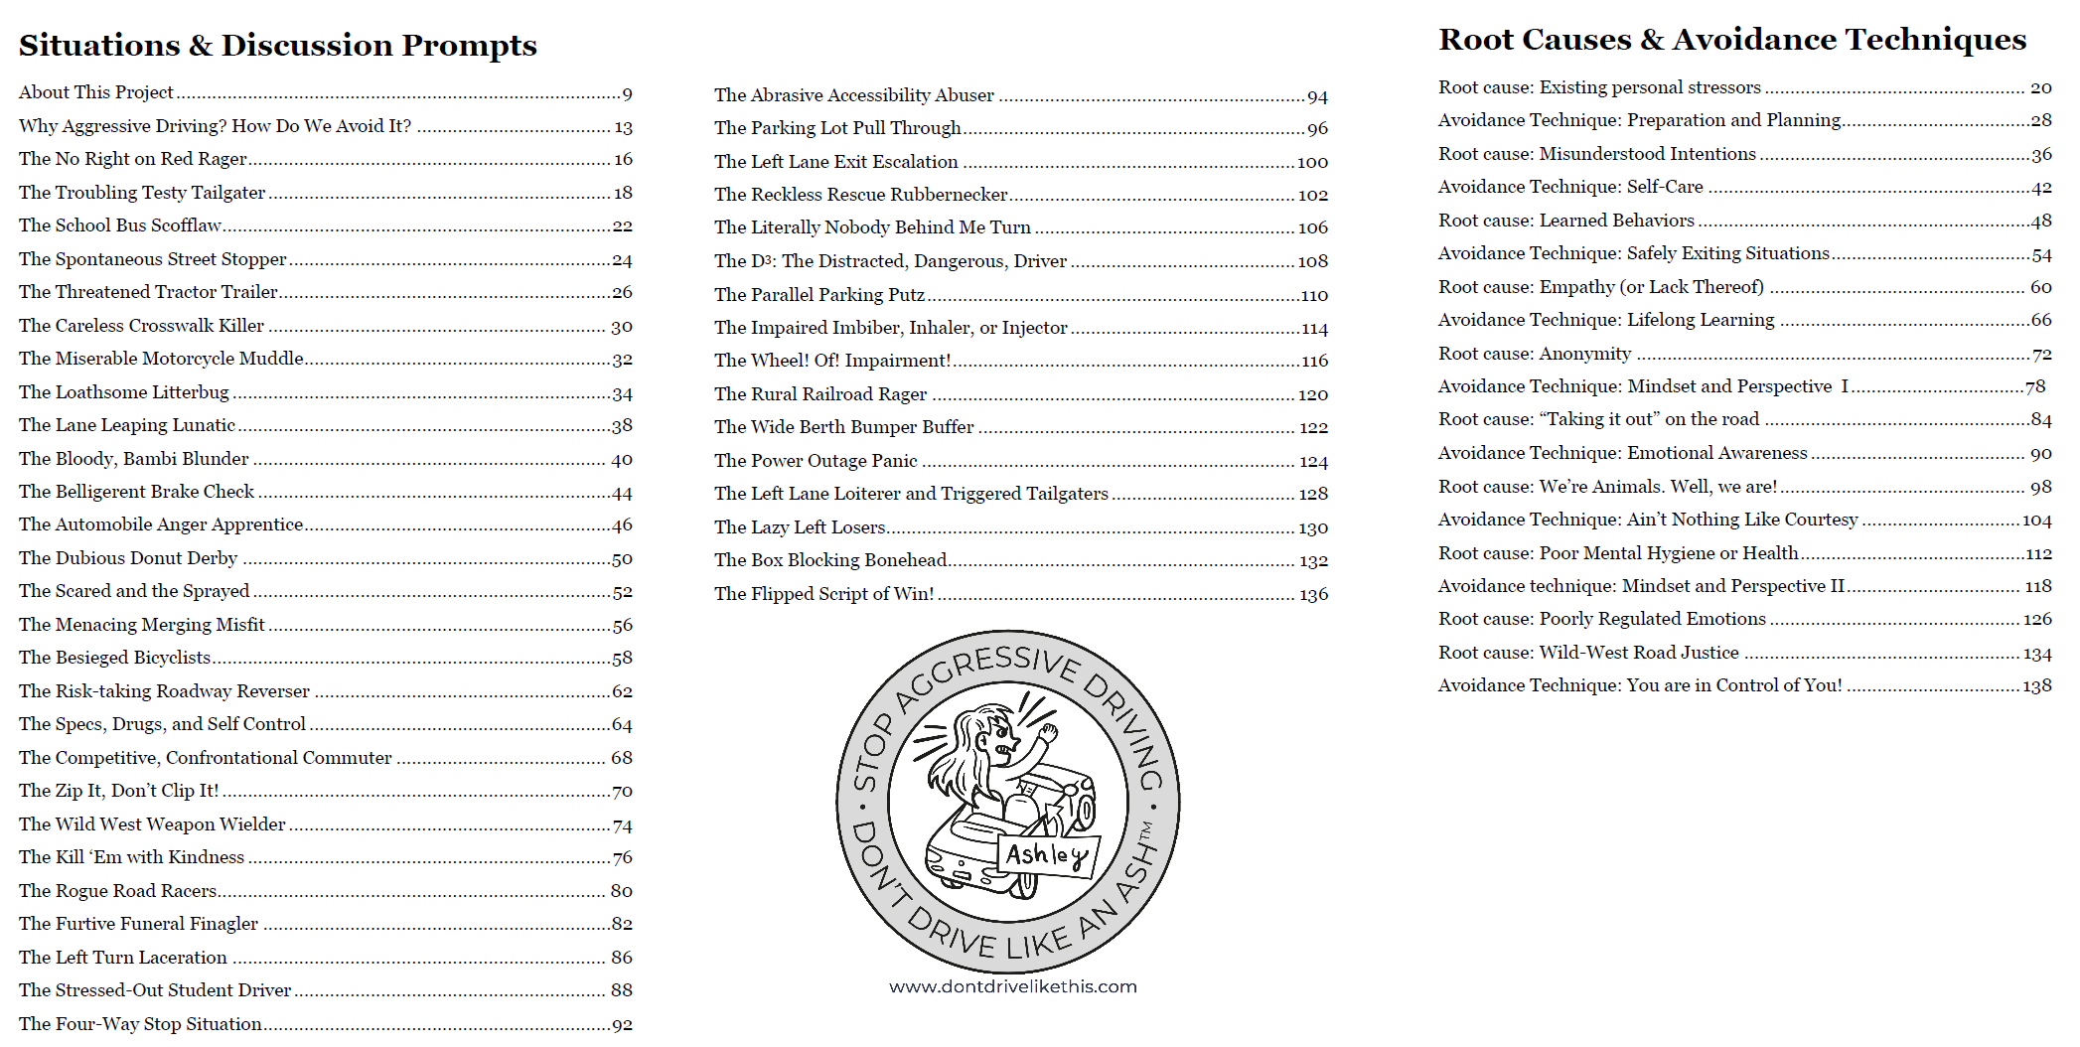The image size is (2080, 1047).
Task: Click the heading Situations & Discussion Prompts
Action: click(277, 46)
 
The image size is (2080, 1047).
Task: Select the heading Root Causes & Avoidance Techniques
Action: click(1731, 40)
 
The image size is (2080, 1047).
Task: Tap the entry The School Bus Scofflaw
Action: click(119, 225)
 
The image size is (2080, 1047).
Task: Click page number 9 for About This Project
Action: click(627, 94)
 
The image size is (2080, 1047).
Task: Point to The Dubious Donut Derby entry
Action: click(128, 558)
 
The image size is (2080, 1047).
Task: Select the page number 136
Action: click(1313, 595)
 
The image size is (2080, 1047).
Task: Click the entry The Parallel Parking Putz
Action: click(818, 295)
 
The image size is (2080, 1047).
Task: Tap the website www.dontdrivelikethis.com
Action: click(1012, 986)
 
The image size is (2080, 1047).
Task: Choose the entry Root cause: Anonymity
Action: click(1534, 354)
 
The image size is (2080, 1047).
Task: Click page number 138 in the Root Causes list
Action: click(2036, 686)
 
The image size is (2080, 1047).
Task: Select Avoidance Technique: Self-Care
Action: click(1569, 187)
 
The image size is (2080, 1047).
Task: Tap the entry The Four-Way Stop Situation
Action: click(140, 1024)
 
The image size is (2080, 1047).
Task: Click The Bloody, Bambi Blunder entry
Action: click(133, 459)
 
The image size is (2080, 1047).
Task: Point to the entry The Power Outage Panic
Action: click(816, 461)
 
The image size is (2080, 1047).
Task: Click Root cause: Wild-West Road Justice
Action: click(1587, 653)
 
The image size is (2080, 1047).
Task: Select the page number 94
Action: click(1317, 97)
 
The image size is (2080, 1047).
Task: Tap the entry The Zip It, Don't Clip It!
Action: click(118, 791)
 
